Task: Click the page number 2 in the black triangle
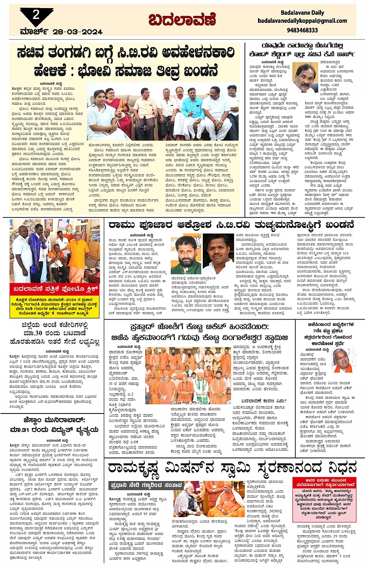(x=36, y=15)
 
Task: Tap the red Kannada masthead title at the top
(x=182, y=19)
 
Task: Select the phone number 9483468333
(x=302, y=30)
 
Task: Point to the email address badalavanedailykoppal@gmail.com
(x=302, y=21)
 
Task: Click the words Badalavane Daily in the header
(x=302, y=13)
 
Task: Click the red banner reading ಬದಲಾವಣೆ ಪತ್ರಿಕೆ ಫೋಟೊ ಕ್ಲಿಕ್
(x=56, y=289)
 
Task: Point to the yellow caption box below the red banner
(x=56, y=306)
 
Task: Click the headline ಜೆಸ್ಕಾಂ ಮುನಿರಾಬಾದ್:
(x=54, y=420)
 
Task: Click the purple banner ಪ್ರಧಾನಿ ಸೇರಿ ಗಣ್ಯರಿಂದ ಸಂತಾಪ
(x=146, y=485)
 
